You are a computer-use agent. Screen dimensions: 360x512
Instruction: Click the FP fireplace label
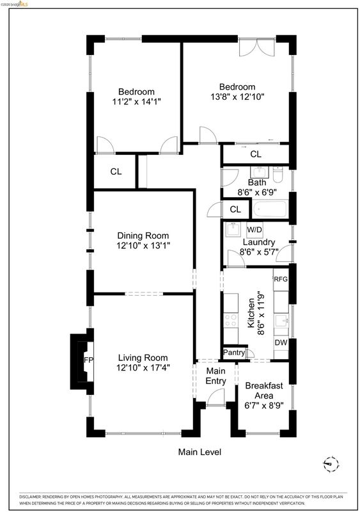click(88, 360)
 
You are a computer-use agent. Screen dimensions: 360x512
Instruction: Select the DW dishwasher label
click(281, 342)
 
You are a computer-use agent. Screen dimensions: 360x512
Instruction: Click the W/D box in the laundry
click(254, 230)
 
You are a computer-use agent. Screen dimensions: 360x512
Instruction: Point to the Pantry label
click(233, 353)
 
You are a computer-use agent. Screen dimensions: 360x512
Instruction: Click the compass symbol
click(331, 463)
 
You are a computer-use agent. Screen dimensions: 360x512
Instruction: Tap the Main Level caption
click(200, 452)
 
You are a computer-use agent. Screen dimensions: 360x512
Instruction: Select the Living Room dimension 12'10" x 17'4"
click(143, 368)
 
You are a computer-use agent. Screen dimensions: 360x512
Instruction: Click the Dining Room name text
click(143, 236)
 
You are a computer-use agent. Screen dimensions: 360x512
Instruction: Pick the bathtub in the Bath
click(270, 209)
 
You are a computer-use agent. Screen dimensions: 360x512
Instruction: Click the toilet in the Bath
click(278, 175)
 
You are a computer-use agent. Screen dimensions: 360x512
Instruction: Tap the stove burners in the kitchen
click(231, 320)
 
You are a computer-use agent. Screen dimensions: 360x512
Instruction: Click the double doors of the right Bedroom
click(257, 47)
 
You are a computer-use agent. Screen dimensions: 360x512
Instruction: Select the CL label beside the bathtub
click(235, 209)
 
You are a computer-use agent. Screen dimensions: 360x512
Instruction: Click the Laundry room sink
click(233, 230)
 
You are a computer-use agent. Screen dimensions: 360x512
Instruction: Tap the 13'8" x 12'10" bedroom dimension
click(237, 97)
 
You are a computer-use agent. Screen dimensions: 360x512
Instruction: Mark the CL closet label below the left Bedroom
click(116, 172)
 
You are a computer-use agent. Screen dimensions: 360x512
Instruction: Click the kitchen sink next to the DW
click(281, 321)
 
